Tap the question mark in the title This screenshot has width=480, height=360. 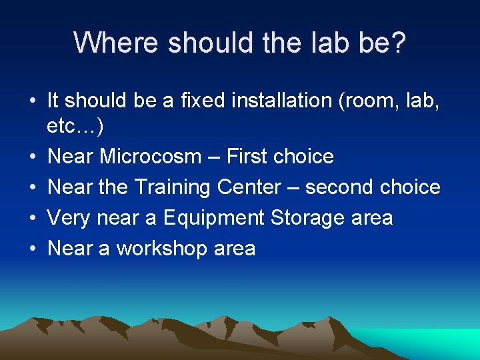tap(399, 43)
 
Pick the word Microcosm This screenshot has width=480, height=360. tap(151, 157)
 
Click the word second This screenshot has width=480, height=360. tap(339, 187)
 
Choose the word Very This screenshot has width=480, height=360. tap(70, 218)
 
